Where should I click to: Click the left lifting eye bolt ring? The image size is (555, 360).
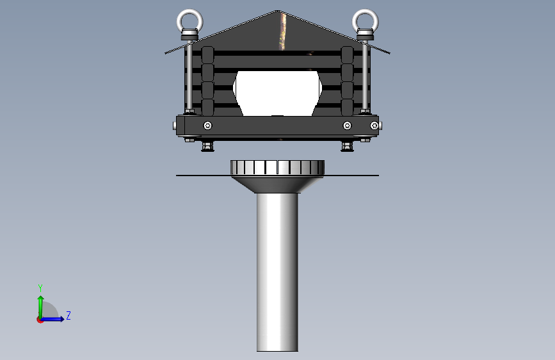(x=189, y=11)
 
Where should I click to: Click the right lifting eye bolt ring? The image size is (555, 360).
(x=366, y=11)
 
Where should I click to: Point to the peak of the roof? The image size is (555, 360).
(x=278, y=11)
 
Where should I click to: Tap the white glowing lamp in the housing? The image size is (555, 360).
(x=278, y=93)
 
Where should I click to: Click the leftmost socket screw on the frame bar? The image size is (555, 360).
(x=208, y=126)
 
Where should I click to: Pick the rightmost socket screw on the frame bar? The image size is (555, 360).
(x=374, y=126)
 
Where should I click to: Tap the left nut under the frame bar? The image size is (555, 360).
(x=207, y=146)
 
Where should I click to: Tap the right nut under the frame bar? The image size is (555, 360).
(x=347, y=146)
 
